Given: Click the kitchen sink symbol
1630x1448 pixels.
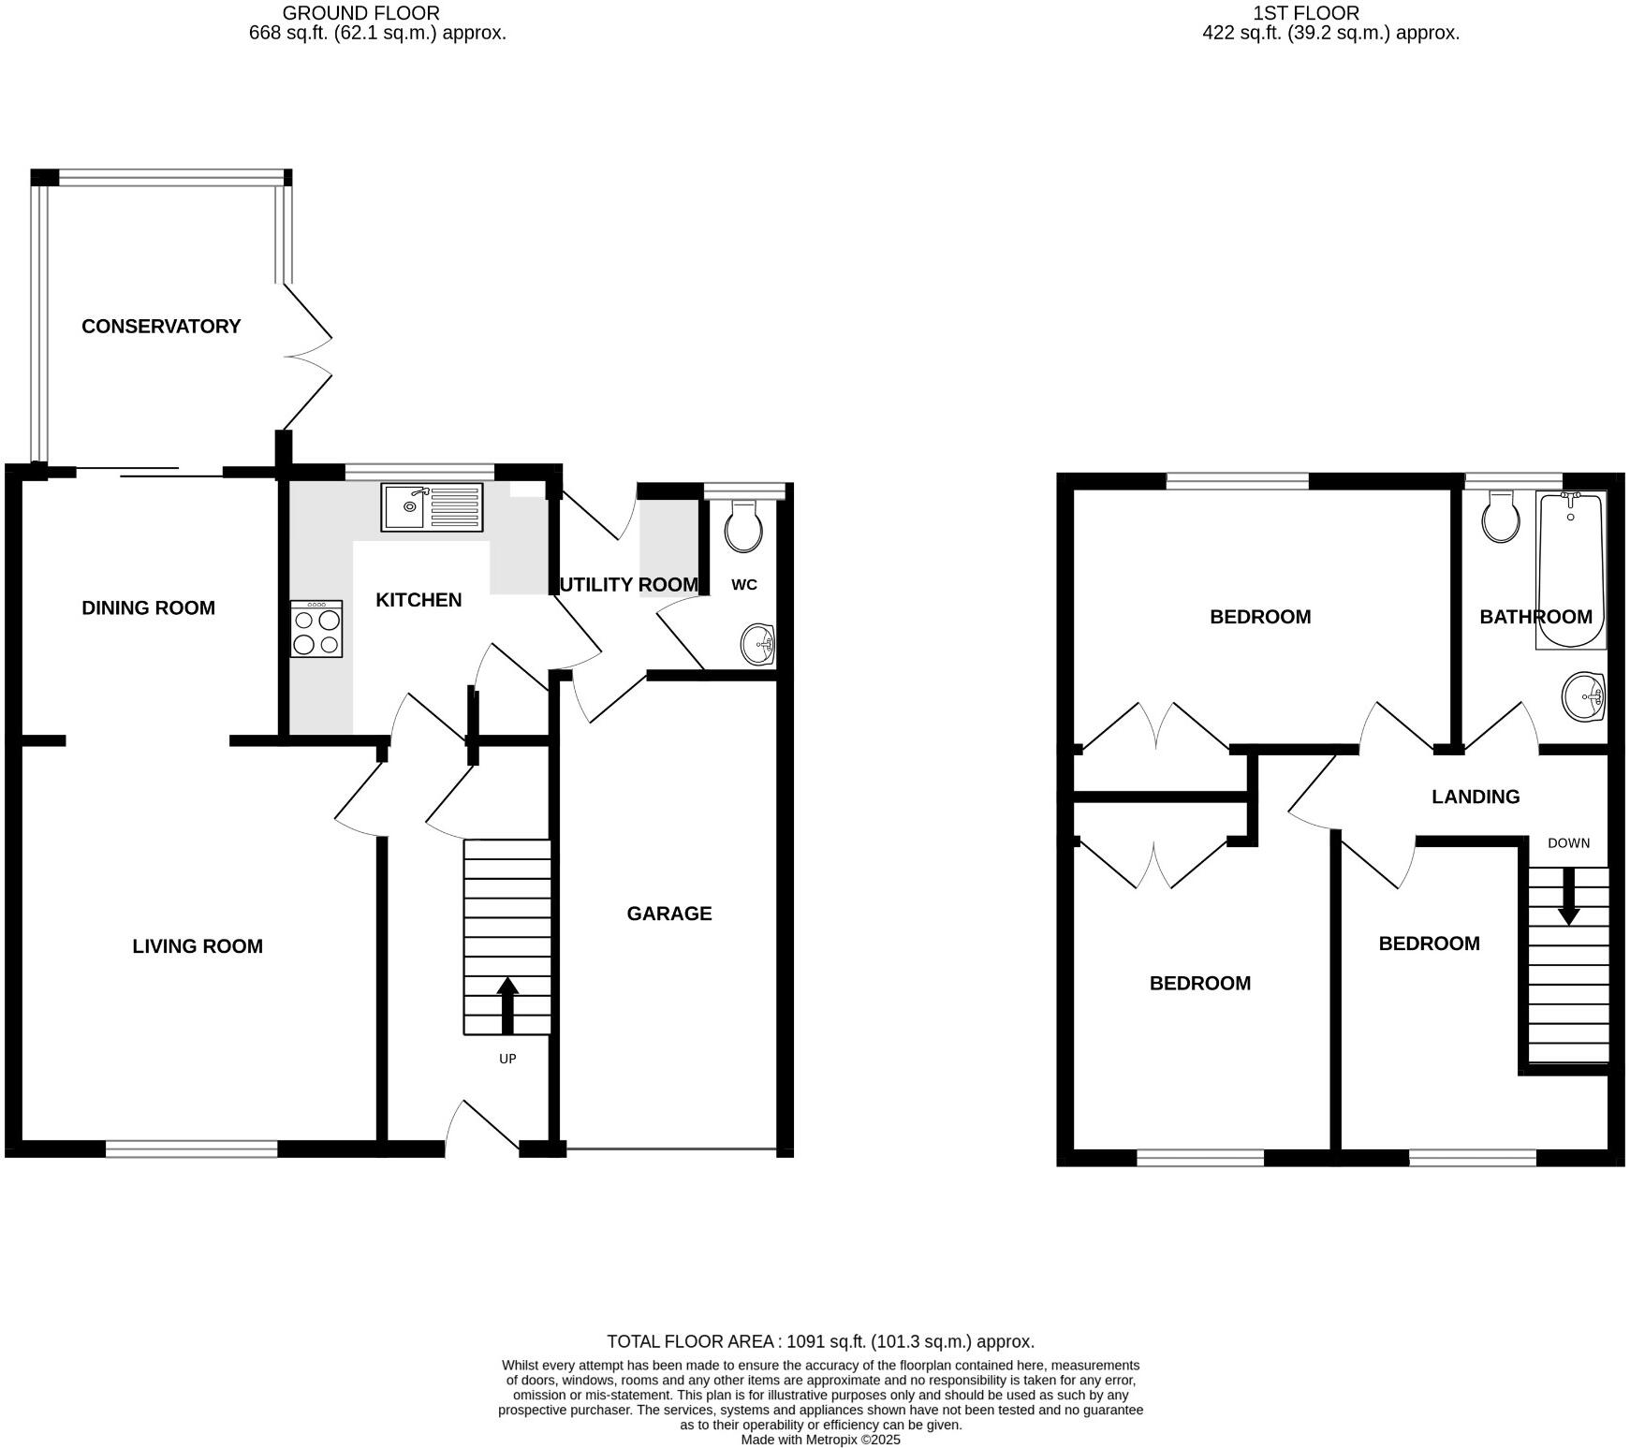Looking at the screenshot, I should (432, 506).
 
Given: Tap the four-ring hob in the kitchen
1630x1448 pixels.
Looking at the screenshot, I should (316, 629).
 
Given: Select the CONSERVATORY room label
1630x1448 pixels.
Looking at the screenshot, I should (161, 327).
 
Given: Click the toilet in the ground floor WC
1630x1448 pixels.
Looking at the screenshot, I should (743, 526).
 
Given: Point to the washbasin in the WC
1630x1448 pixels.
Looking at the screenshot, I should (758, 645).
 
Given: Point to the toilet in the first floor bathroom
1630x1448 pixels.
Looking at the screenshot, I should (1502, 518).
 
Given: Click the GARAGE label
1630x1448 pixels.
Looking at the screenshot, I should (669, 914).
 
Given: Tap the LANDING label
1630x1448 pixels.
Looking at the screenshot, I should (1476, 797).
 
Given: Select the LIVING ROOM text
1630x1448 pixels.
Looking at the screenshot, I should (198, 946).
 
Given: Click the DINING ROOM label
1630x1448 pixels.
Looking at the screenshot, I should (149, 608).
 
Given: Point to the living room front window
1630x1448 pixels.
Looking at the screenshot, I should (192, 1148).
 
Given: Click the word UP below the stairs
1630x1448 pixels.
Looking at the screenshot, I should (507, 1059).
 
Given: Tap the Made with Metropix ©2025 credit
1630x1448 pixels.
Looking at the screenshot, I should (820, 1440).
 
